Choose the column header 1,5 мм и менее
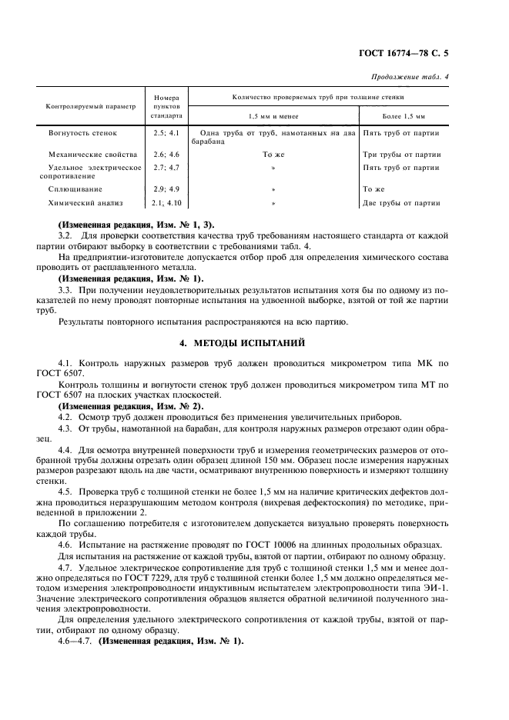(x=273, y=115)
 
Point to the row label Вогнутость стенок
(x=82, y=132)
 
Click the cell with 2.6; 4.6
(x=166, y=155)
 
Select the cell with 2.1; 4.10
(x=166, y=203)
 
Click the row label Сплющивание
(x=75, y=188)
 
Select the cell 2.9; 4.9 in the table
(x=166, y=188)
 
